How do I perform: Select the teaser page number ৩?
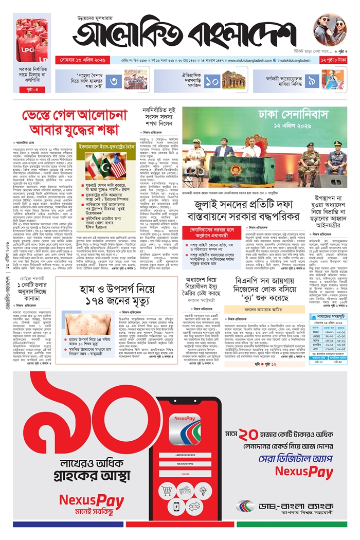tap(116, 81)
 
